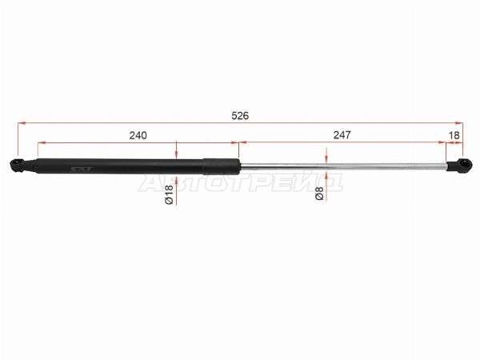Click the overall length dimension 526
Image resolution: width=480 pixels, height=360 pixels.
tap(240, 116)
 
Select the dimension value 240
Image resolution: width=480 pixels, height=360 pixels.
tap(138, 135)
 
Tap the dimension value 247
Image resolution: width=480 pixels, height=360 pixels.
tap(342, 134)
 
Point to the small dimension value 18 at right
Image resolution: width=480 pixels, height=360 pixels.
tap(454, 135)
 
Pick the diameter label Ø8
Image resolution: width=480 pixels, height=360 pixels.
tap(319, 193)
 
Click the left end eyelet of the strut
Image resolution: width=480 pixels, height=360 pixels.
tap(18, 166)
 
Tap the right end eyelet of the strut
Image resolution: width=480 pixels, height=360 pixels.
tap(463, 166)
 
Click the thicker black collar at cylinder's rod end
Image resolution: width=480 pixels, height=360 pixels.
tap(221, 166)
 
